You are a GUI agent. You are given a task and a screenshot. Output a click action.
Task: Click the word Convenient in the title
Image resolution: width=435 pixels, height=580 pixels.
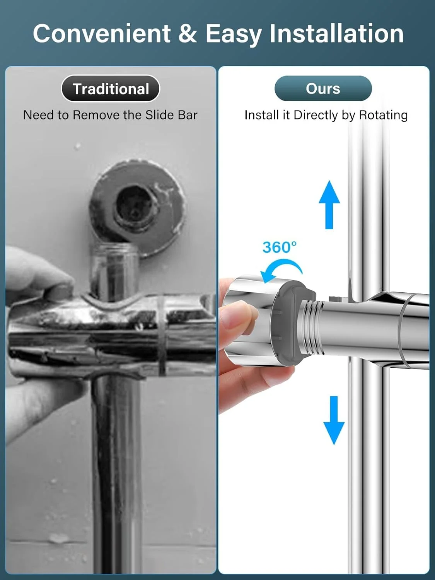click(102, 33)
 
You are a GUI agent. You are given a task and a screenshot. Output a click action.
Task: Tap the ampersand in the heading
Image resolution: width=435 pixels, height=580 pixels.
click(188, 33)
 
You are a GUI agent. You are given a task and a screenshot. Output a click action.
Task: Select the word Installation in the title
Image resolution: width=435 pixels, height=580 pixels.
click(336, 33)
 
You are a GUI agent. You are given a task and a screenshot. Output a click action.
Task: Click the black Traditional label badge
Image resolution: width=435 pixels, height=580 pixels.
click(111, 89)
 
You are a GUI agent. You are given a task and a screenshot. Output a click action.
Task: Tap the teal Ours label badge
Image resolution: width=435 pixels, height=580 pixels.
click(323, 89)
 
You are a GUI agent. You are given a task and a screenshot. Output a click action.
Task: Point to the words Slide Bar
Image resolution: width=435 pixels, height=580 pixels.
click(171, 115)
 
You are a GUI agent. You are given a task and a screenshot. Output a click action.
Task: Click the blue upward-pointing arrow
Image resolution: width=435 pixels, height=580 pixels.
click(329, 205)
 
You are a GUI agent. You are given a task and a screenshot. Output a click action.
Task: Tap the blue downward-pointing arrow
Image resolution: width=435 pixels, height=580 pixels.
click(334, 420)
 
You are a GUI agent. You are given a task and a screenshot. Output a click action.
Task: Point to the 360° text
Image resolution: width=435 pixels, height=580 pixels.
click(280, 247)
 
